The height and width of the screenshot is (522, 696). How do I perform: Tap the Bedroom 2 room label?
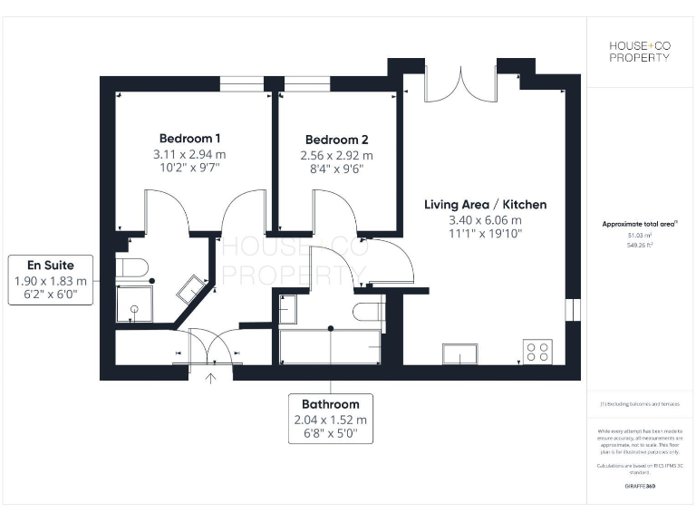pos(336,140)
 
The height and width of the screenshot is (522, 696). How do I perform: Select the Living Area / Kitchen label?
pos(485,205)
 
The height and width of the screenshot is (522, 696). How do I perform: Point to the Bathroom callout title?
pos(331,404)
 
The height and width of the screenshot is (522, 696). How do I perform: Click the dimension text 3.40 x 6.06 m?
pos(485,220)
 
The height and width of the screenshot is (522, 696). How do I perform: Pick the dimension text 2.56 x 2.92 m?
pos(336,155)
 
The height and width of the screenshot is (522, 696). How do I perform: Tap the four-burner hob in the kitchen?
pos(536,351)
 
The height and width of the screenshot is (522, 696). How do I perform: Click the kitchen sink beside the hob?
pos(461,353)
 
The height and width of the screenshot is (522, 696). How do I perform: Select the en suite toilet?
pos(131,266)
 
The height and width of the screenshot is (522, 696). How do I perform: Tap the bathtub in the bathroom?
pos(330,345)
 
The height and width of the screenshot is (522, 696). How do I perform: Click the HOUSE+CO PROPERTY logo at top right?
pos(639,51)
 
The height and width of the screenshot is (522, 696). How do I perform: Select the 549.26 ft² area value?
pos(640,244)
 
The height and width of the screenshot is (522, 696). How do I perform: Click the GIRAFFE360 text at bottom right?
pos(640,487)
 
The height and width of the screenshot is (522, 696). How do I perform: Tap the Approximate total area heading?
pos(640,224)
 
